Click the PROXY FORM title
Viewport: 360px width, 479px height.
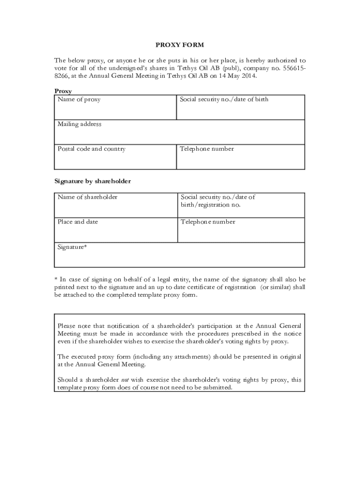point(180,45)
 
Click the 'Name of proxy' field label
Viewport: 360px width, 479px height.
point(79,100)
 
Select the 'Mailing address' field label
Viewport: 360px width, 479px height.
point(79,124)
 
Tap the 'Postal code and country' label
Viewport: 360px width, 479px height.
point(92,149)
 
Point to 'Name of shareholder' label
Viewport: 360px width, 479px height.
point(87,197)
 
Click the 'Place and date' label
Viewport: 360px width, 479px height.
point(78,222)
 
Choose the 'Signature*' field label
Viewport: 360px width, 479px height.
point(72,247)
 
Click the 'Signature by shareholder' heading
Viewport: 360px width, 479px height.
point(93,181)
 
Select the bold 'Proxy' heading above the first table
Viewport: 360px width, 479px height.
point(63,91)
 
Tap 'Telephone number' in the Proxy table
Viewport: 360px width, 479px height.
point(207,149)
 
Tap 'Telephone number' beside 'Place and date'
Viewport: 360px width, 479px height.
point(208,222)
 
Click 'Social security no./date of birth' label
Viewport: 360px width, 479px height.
point(224,100)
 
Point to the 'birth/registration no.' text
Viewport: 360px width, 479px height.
point(211,205)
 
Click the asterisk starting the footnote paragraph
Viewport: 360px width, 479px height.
point(56,279)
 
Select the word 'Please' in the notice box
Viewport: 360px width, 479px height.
point(66,326)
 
